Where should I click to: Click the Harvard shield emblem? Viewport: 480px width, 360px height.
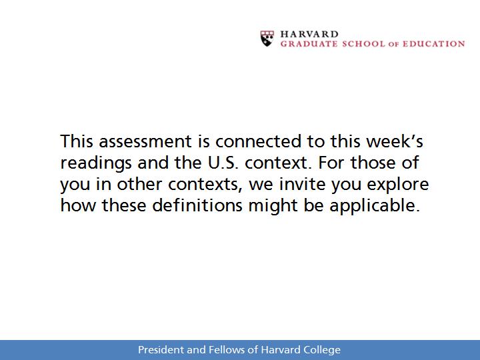tap(267, 38)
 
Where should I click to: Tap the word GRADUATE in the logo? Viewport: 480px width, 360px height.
tap(309, 44)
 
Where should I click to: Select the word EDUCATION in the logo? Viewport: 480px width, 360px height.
tap(433, 44)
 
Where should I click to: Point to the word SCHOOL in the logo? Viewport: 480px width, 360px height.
tap(363, 44)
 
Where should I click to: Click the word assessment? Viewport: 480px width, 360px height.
tap(145, 141)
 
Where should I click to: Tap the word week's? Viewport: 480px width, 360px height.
tap(395, 141)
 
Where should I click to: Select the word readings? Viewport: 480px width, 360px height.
tap(96, 163)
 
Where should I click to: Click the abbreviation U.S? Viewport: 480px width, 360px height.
tap(223, 163)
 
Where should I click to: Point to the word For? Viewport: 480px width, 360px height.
tap(331, 163)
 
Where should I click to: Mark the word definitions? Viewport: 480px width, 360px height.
tap(197, 205)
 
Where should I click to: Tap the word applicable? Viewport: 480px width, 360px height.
tap(374, 206)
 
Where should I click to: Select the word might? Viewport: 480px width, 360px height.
tap(273, 206)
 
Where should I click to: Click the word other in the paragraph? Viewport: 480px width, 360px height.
tap(139, 184)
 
